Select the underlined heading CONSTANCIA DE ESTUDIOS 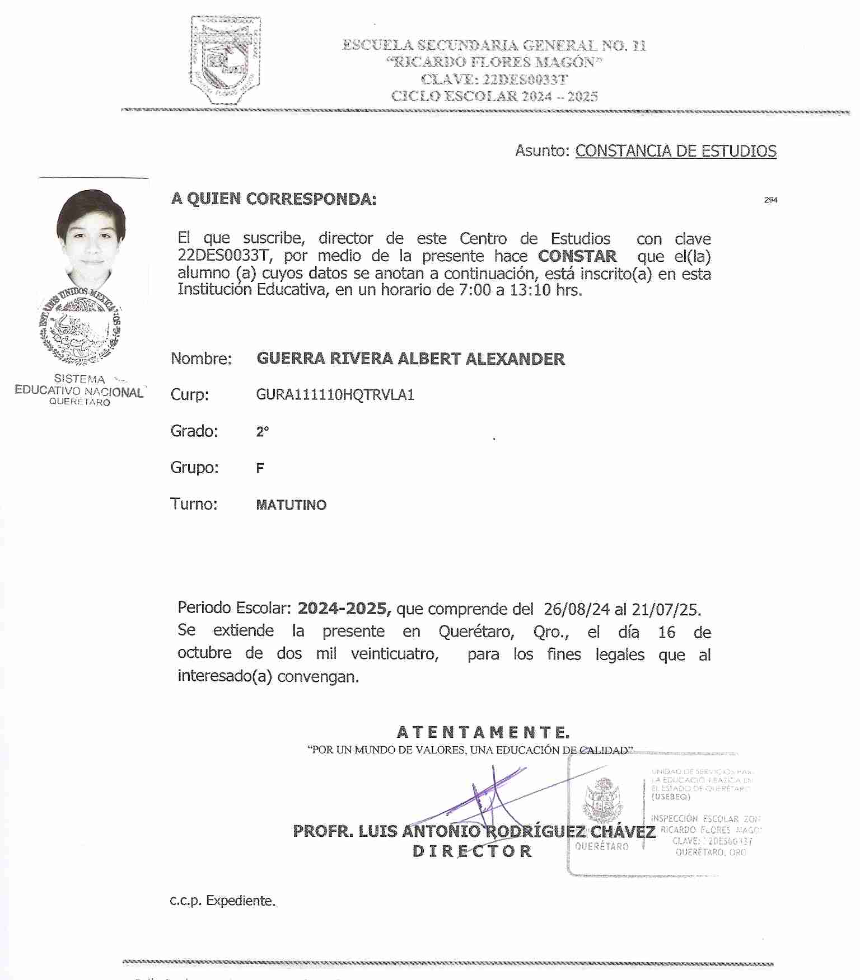675,151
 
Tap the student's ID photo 92,238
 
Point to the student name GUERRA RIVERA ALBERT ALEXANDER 410,359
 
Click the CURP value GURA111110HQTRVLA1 335,395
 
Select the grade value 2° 262,432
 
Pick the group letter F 260,468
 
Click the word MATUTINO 291,505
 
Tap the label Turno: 194,504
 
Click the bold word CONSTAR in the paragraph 577,256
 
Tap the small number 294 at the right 770,200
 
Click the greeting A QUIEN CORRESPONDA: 274,199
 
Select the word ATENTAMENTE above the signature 483,732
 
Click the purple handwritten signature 487,797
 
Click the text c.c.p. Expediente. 222,901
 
